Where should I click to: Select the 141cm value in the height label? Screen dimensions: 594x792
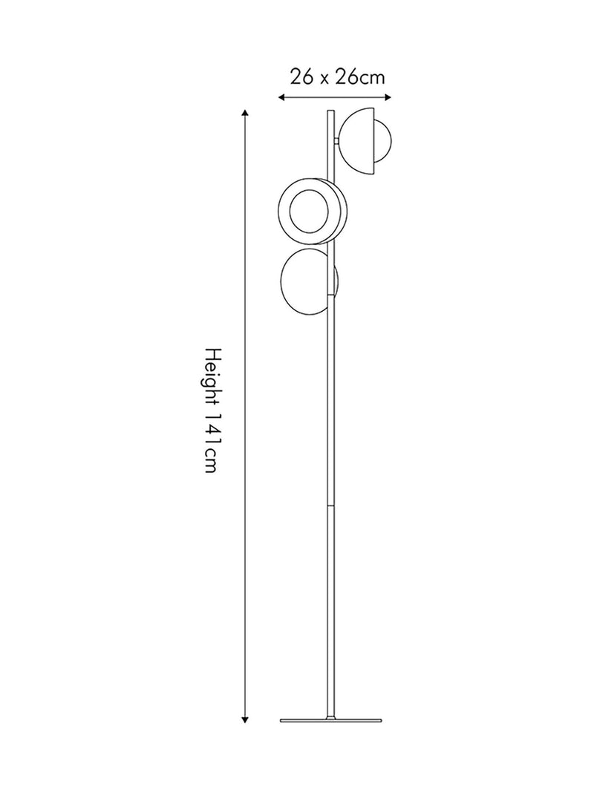click(x=211, y=443)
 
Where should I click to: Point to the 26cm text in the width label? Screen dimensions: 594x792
click(x=361, y=77)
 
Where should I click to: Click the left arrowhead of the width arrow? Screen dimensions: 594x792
click(x=282, y=97)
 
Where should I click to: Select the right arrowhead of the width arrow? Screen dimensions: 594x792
click(x=388, y=97)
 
